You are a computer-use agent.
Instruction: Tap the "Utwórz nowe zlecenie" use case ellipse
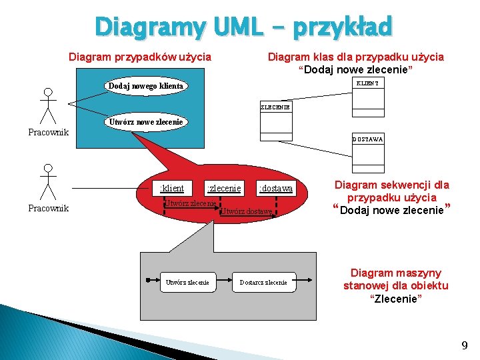pyautogui.click(x=145, y=122)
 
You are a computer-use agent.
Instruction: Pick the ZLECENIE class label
pyautogui.click(x=275, y=107)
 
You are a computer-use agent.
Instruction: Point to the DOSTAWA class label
pyautogui.click(x=368, y=139)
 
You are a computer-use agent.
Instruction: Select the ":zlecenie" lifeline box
pyautogui.click(x=224, y=188)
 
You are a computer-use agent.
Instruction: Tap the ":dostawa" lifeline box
pyautogui.click(x=275, y=189)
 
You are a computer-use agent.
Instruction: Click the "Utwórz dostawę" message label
pyautogui.click(x=247, y=211)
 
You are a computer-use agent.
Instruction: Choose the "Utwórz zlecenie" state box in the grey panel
pyautogui.click(x=188, y=282)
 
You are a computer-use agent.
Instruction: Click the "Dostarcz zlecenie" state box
pyautogui.click(x=263, y=282)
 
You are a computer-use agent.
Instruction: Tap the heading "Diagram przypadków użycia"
pyautogui.click(x=140, y=57)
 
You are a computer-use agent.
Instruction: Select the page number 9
pyautogui.click(x=464, y=345)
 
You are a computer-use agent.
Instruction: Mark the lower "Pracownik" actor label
pyautogui.click(x=48, y=208)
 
